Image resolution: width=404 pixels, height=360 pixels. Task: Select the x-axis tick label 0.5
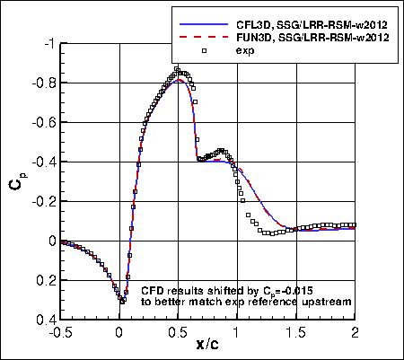pyautogui.click(x=179, y=331)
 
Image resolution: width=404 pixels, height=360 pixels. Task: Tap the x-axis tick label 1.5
pyautogui.click(x=296, y=331)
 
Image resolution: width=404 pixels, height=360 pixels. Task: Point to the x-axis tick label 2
pyautogui.click(x=356, y=331)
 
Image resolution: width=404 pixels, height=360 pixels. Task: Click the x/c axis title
pyautogui.click(x=208, y=345)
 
